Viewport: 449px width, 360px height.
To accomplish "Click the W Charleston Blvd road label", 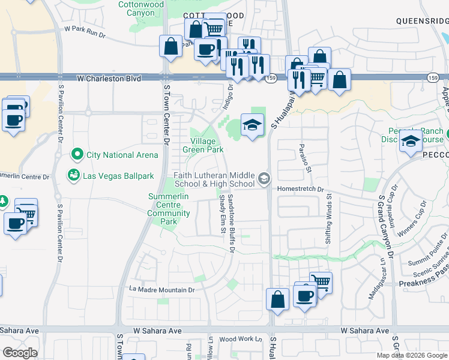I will tap(109, 78).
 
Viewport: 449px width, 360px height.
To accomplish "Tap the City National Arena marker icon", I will tap(76, 155).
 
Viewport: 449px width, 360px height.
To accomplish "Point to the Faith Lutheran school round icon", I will tap(264, 179).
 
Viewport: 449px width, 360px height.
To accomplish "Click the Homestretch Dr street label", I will tap(300, 189).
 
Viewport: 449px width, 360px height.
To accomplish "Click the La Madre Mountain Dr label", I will tap(163, 290).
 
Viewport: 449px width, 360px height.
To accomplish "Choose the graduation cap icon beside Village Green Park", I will tap(253, 125).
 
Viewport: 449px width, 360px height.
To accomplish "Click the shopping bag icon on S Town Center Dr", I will tap(170, 46).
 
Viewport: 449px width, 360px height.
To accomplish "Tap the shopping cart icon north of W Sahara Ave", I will tap(321, 281).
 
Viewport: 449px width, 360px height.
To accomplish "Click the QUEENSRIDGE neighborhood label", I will tap(422, 20).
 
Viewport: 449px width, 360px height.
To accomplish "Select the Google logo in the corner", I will tap(19, 353).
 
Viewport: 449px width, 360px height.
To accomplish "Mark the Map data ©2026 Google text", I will tap(412, 355).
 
